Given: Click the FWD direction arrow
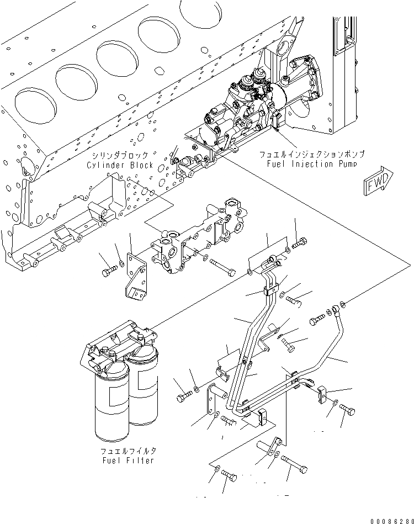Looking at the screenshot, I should (379, 182).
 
